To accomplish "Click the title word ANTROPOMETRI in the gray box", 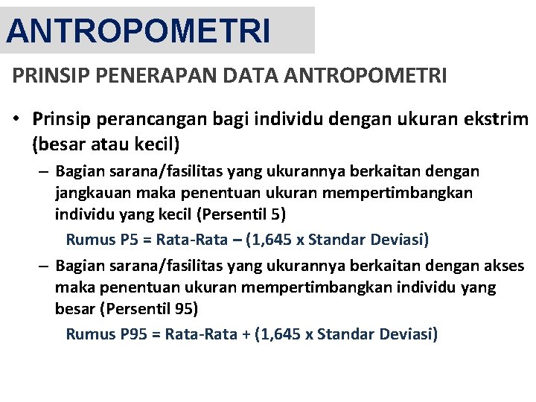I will click(x=138, y=31).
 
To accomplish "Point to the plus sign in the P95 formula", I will click(x=246, y=334).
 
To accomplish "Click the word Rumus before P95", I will click(x=90, y=334).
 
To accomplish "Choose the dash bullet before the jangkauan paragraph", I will click(x=45, y=172).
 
